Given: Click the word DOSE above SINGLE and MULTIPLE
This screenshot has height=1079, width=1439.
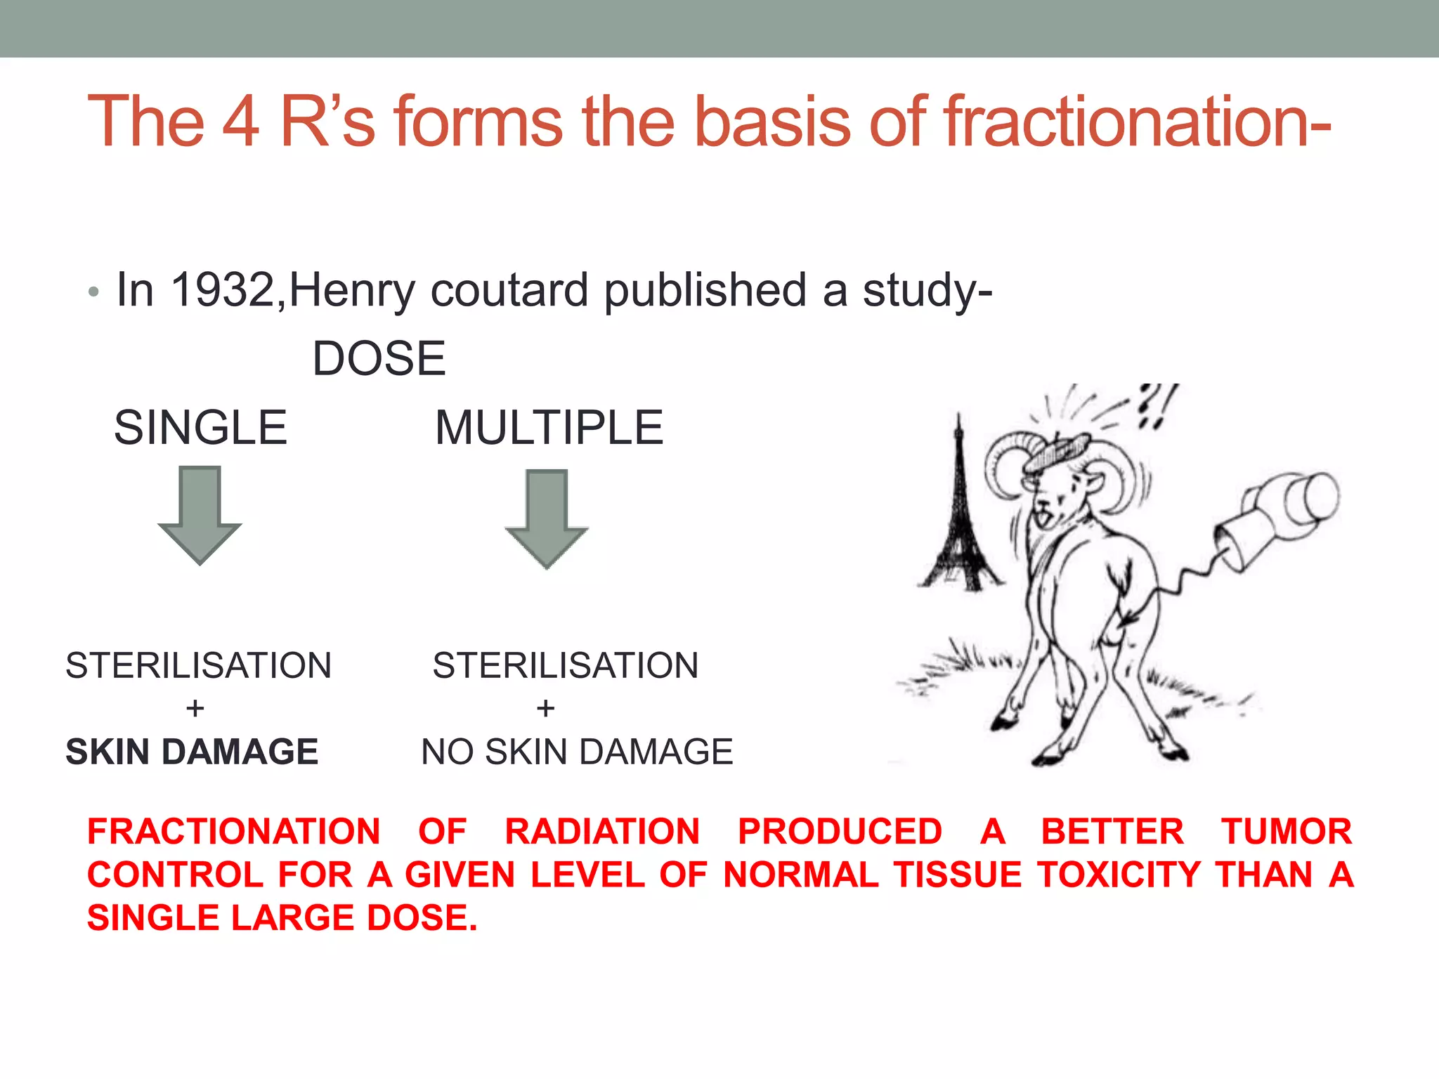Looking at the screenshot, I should point(379,358).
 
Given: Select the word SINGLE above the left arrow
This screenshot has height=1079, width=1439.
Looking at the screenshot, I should point(200,427).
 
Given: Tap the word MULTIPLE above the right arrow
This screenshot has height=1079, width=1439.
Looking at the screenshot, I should point(549,427).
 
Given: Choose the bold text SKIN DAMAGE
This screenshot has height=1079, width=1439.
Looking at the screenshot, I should point(192,752).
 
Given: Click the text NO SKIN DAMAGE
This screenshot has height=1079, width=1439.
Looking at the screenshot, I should point(577,752).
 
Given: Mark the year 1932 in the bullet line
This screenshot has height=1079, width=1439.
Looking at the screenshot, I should point(223,289).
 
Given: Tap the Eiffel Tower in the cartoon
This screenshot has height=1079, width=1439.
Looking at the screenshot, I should point(958,513).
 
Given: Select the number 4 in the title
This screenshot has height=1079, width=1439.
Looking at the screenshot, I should point(242,122).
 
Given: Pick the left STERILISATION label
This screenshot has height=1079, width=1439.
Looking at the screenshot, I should point(198,665).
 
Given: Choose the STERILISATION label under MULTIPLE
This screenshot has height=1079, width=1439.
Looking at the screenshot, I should point(566,665).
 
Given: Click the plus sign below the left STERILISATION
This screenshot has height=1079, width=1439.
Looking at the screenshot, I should point(195,708).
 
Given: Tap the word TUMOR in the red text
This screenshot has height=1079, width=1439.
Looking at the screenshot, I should point(1286,832).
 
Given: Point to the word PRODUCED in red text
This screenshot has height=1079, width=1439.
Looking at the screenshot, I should point(840,832).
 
